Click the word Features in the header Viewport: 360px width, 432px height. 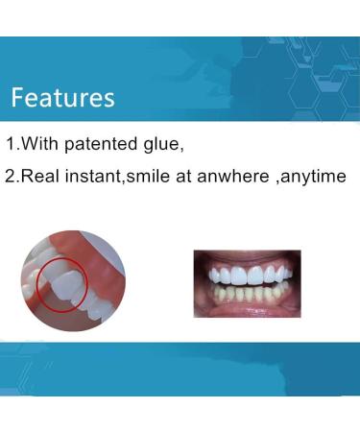tap(62, 97)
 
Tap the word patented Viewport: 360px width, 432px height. tap(124, 145)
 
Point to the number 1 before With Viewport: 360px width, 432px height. tap(11, 145)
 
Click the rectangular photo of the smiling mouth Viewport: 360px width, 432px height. tap(247, 282)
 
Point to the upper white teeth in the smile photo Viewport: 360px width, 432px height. tap(247, 276)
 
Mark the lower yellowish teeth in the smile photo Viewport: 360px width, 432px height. tap(247, 294)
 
